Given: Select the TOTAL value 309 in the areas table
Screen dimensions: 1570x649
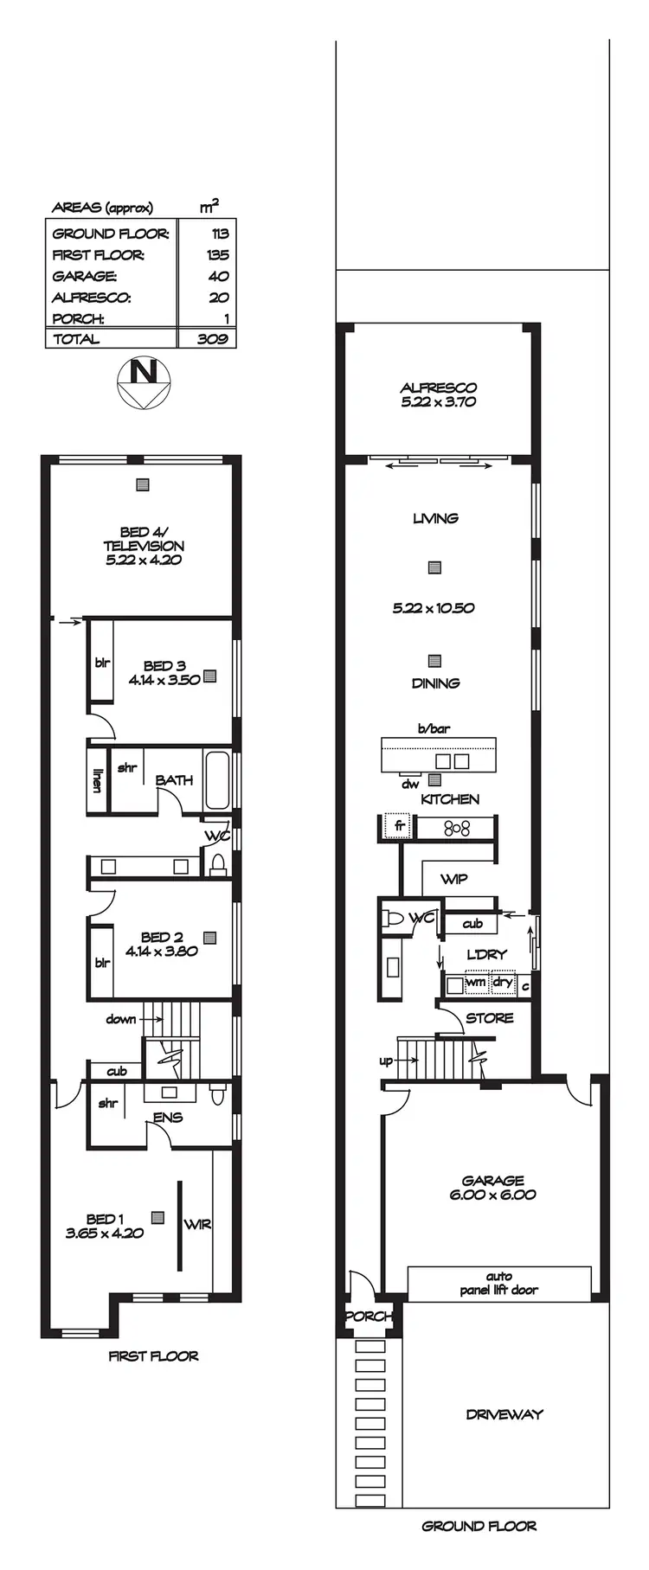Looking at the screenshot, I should [212, 339].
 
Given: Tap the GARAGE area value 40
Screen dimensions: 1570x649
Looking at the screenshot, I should [218, 276].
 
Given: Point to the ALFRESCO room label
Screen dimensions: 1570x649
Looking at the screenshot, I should [438, 388].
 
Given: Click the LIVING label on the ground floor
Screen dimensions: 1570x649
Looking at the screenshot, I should [435, 518].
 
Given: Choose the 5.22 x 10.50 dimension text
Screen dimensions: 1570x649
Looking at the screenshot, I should [434, 608].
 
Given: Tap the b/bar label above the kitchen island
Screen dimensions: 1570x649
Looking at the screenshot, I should [434, 728].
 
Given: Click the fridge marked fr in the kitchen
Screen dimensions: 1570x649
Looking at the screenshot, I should [399, 826].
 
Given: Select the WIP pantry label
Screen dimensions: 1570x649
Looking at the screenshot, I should [454, 879].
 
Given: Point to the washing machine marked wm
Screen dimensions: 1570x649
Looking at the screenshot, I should [475, 983].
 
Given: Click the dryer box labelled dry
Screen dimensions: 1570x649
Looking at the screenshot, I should [502, 983].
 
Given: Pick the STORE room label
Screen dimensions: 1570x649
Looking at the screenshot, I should [489, 1018].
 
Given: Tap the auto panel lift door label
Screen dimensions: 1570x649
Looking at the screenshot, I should [498, 1283].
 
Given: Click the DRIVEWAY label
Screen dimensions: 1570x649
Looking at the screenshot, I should [504, 1414].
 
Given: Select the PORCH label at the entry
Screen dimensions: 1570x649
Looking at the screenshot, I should [369, 1316].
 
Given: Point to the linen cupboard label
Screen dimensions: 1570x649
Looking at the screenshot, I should [97, 780].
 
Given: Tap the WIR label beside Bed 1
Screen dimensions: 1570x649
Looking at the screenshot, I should [197, 1225].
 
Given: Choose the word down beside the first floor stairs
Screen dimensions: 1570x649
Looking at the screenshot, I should [121, 1019].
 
